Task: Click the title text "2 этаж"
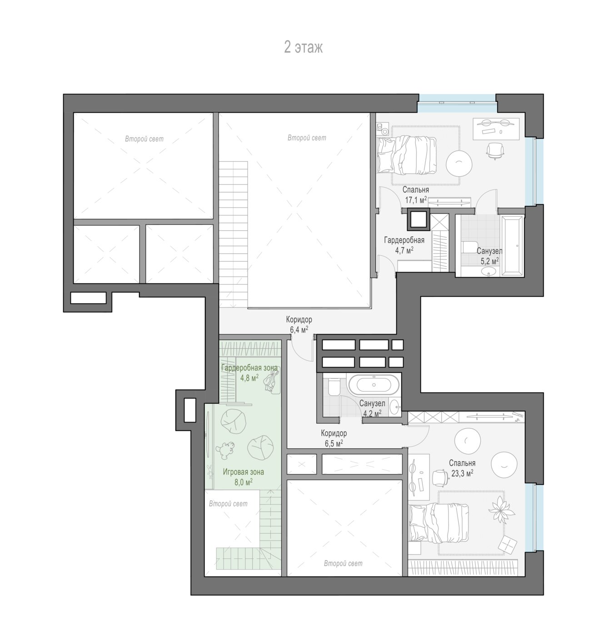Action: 303,48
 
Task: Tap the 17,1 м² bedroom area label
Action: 416,195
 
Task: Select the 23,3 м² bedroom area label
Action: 463,468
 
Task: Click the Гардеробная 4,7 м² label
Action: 404,245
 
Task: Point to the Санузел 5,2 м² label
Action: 489,256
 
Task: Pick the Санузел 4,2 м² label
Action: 372,408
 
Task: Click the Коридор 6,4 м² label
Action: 299,324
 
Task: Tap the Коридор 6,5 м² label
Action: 334,438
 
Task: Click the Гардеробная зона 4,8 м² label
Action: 249,373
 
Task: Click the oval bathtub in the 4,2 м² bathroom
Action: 374,385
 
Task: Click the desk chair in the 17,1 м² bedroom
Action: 495,151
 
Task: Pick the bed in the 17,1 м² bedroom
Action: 406,155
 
